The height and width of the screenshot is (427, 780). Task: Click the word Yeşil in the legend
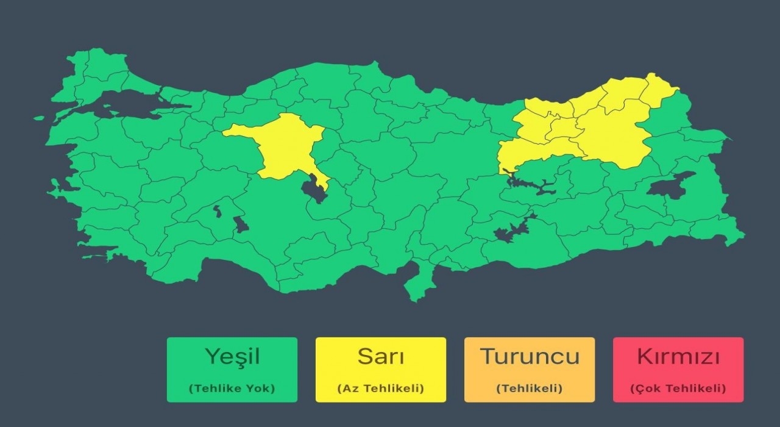pos(232,356)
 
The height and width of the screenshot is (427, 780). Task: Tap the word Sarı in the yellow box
pos(380,356)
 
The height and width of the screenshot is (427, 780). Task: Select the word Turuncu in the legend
pos(530,356)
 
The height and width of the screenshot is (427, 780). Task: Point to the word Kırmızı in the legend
pos(678,356)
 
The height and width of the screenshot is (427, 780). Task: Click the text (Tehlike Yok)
pos(232,388)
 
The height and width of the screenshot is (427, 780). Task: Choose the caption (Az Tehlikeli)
pos(380,388)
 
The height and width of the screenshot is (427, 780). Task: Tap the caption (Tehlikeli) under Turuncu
pos(530,388)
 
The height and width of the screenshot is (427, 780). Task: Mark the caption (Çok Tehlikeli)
pos(678,388)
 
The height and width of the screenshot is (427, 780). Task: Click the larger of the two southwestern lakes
pos(241,224)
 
